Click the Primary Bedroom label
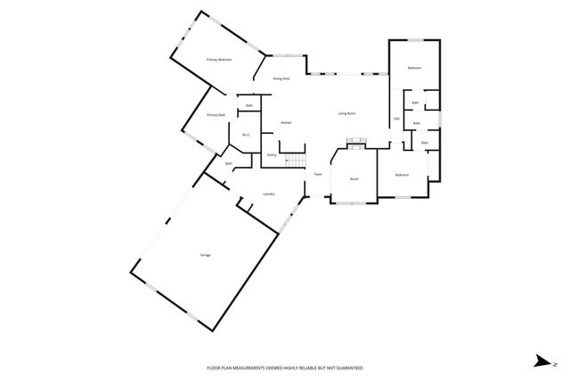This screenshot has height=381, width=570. tap(219, 60)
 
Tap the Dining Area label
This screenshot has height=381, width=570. tap(281, 79)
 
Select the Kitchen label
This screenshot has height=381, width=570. tap(287, 122)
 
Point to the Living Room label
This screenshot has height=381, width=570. tap(347, 113)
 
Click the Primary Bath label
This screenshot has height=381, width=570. tap(216, 115)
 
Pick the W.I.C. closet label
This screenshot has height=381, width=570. tap(245, 136)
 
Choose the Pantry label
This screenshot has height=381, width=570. tap(272, 155)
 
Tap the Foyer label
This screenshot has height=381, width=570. tap(317, 174)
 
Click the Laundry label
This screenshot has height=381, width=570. tap(269, 194)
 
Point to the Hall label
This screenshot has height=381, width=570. tap(395, 119)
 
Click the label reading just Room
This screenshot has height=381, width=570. tap(354, 179)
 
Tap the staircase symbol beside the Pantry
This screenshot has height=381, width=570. tap(295, 159)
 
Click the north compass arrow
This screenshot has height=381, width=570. tap(541, 360)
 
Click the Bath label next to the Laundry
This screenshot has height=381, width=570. tap(229, 163)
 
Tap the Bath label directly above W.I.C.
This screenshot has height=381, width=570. tap(249, 106)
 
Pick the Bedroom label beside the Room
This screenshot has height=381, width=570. tap(403, 175)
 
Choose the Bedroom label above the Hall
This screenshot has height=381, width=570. tap(414, 69)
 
